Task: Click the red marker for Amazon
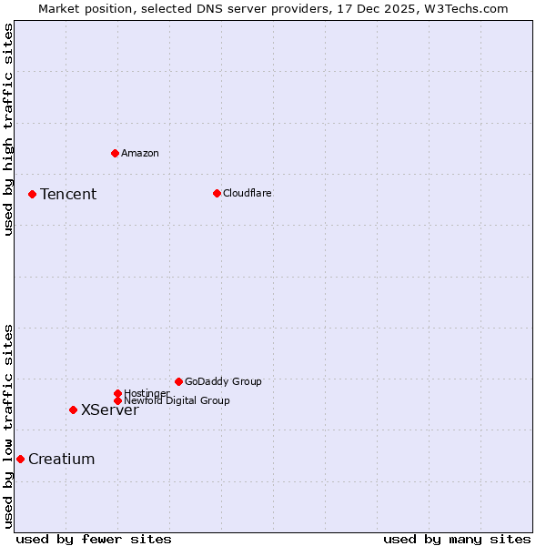[x=115, y=153]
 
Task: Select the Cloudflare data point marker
[x=217, y=193]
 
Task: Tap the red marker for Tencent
[x=32, y=194]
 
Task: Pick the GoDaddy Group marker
[x=178, y=381]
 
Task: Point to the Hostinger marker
[x=117, y=393]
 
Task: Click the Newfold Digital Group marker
[x=117, y=400]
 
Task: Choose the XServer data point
[x=73, y=409]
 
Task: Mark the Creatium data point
[x=20, y=459]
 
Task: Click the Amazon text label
[x=140, y=153]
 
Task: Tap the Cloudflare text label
[x=248, y=193]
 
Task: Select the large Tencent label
[x=68, y=194]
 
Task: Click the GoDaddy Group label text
[x=223, y=381]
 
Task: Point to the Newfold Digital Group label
[x=177, y=400]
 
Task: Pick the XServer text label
[x=110, y=409]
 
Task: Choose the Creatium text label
[x=62, y=459]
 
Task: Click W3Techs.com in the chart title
[x=463, y=8]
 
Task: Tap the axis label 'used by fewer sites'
[x=94, y=539]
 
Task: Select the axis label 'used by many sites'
[x=457, y=539]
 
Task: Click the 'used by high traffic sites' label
[x=8, y=129]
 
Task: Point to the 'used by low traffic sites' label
[x=8, y=425]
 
